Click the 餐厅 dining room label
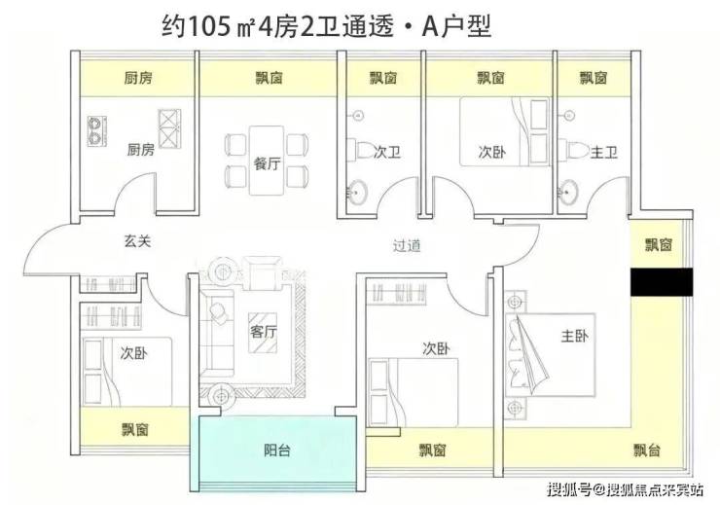pyautogui.click(x=267, y=162)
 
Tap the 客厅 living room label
pyautogui.click(x=264, y=332)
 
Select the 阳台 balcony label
pyautogui.click(x=277, y=451)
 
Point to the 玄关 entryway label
pyautogui.click(x=137, y=240)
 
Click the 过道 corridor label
pyautogui.click(x=407, y=245)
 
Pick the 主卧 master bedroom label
pyautogui.click(x=574, y=336)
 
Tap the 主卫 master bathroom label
pyautogui.click(x=603, y=152)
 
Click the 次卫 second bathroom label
pyautogui.click(x=386, y=152)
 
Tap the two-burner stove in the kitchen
pyautogui.click(x=97, y=131)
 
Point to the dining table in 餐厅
pyautogui.click(x=267, y=161)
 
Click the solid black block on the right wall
pyautogui.click(x=662, y=282)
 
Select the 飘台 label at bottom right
pyautogui.click(x=646, y=451)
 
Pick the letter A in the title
pyautogui.click(x=431, y=27)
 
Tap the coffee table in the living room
pyautogui.click(x=263, y=333)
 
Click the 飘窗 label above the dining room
pyautogui.click(x=269, y=79)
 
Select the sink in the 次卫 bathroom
pyautogui.click(x=356, y=191)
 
